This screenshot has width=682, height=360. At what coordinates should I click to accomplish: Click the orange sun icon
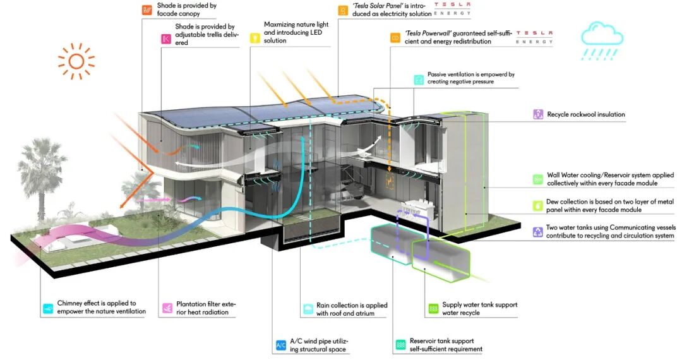coord(76,61)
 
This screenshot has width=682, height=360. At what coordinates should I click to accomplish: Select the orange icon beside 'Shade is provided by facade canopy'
coord(147,9)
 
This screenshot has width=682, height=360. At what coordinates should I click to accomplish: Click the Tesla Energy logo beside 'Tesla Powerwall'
coord(534,37)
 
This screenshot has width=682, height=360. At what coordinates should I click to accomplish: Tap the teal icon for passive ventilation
coord(418,80)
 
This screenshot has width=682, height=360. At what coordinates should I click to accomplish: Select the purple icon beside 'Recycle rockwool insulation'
coord(537,114)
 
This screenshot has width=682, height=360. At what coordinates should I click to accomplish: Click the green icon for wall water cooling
coord(537,179)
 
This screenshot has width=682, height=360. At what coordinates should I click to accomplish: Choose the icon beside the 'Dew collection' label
coord(537,206)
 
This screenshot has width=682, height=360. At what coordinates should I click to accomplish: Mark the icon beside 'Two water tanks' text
coord(537,232)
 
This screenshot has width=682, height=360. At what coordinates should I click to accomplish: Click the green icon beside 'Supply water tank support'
coord(433,309)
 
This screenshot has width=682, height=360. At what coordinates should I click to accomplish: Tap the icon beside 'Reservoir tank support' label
coord(400,345)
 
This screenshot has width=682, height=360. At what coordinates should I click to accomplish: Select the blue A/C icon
coord(281,345)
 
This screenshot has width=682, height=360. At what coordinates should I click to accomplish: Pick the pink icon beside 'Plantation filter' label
coord(167,308)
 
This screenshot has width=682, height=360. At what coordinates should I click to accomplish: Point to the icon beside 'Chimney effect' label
coord(48,308)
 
